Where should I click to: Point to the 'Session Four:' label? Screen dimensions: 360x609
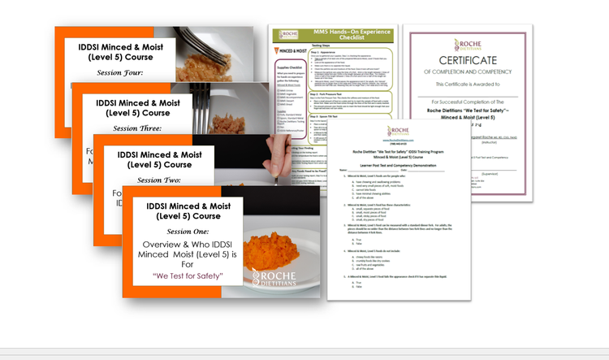point(119,72)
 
